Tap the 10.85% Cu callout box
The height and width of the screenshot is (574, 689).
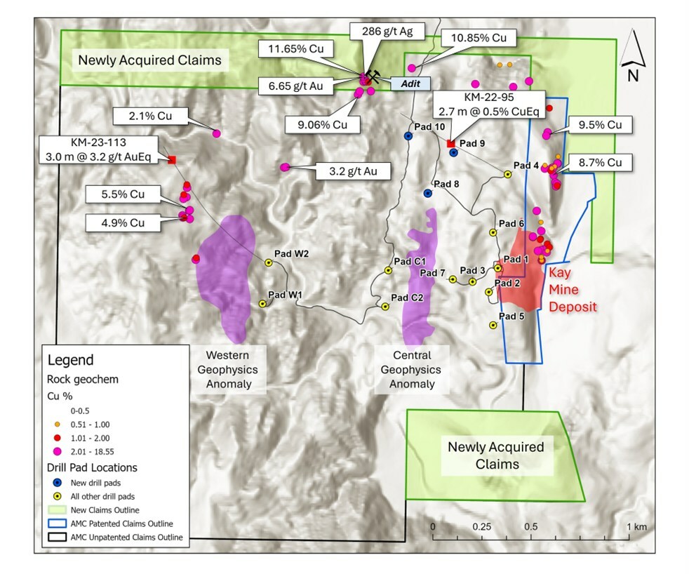pyautogui.click(x=479, y=37)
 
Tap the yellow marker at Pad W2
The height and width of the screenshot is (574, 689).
pyautogui.click(x=269, y=262)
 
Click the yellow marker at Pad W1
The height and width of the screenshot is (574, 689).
pyautogui.click(x=262, y=304)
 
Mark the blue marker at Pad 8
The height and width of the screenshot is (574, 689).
pyautogui.click(x=427, y=193)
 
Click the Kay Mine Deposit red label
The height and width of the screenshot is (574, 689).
pyautogui.click(x=572, y=289)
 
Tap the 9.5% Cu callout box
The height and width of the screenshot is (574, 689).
pyautogui.click(x=600, y=125)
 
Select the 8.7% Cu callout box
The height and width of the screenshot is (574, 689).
pyautogui.click(x=599, y=161)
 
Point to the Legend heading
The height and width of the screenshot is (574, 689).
pyautogui.click(x=70, y=360)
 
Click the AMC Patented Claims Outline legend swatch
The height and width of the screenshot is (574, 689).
pyautogui.click(x=55, y=523)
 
